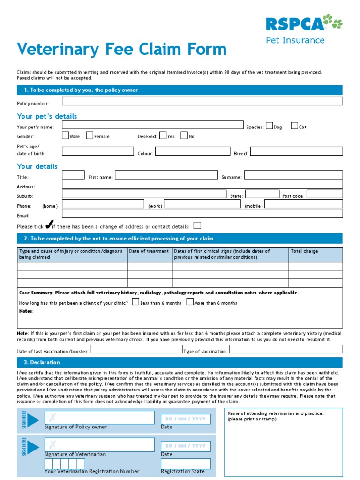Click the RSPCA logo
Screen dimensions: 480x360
point(304,23)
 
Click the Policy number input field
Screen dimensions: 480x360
point(202,101)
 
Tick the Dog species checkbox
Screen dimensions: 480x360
point(269,126)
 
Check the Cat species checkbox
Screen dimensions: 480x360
point(294,126)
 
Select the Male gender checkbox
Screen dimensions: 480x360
point(65,135)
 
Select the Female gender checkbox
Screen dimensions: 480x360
point(90,135)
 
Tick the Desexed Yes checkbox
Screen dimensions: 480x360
point(163,135)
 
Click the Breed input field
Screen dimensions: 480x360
point(296,151)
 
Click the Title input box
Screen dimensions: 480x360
point(74,175)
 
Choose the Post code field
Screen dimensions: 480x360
point(324,194)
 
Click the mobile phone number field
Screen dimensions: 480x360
point(303,204)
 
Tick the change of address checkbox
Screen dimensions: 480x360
point(197,225)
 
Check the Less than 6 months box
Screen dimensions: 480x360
point(135,302)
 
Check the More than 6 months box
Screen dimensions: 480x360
point(189,302)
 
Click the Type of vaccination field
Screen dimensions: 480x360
point(286,349)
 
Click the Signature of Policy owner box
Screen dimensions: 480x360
point(99,418)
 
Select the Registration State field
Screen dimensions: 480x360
point(186,464)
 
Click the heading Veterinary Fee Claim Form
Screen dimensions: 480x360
point(122,50)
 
